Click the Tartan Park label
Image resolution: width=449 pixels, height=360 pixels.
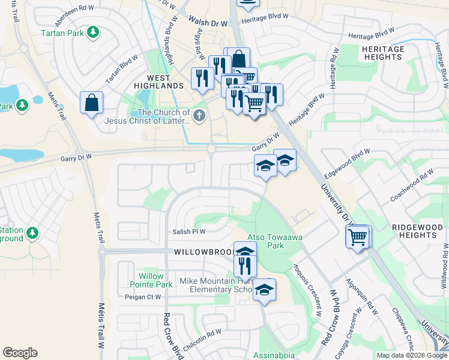[x=62, y=33]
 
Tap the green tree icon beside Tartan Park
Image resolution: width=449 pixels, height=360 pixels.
[x=93, y=31]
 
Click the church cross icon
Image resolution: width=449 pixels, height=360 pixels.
[x=199, y=116]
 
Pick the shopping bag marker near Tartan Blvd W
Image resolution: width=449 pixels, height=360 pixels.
[x=91, y=103]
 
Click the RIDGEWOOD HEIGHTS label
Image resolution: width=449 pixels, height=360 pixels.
[x=417, y=232]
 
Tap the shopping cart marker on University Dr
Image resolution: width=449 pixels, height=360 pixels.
[x=358, y=237]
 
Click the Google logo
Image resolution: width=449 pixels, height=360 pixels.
[x=20, y=353]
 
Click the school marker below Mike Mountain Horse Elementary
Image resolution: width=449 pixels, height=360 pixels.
[x=264, y=291]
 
